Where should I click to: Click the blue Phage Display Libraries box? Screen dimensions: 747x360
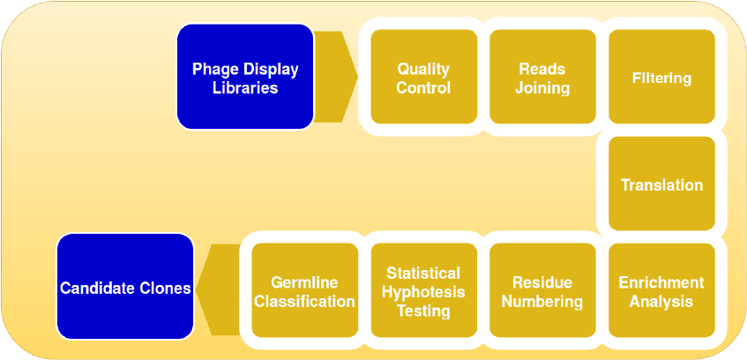(x=245, y=78)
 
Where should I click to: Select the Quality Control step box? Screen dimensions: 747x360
(x=423, y=78)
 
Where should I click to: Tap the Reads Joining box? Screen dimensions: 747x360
(x=542, y=78)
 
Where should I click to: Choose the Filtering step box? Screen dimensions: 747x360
(x=661, y=78)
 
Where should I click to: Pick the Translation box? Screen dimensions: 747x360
(x=661, y=184)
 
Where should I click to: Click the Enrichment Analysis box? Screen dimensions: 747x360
(x=661, y=291)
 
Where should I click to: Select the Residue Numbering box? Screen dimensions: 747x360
(x=542, y=291)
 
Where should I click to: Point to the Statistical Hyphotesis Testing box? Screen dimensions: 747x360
(x=423, y=291)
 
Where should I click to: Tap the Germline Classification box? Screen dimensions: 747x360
(x=304, y=291)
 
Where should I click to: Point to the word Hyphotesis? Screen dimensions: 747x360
(x=423, y=292)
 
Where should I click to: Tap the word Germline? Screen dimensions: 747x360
(x=304, y=282)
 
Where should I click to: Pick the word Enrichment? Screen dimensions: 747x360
(x=661, y=282)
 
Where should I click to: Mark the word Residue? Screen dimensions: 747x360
(x=542, y=282)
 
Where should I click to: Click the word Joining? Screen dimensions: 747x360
(x=542, y=87)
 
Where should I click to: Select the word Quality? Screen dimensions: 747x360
(x=423, y=69)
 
